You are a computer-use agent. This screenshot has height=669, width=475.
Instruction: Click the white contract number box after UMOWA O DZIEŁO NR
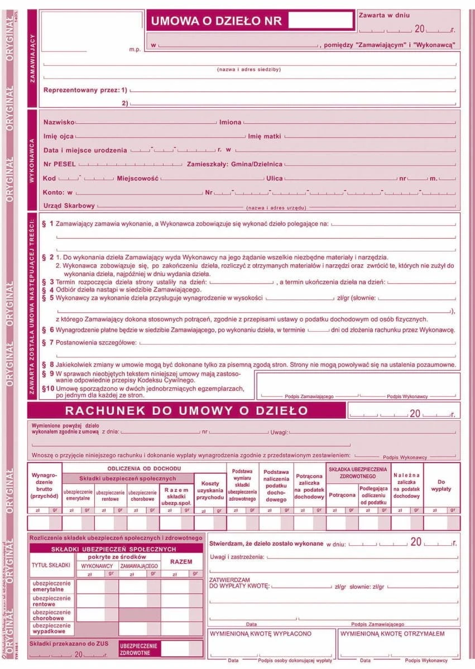[322, 21]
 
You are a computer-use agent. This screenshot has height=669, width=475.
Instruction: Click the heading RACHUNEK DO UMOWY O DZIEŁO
[186, 411]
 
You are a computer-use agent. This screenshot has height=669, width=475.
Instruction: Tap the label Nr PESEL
[60, 164]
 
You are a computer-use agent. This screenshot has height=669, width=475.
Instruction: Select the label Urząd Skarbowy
[69, 206]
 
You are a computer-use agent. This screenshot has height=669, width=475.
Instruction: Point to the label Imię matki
[265, 136]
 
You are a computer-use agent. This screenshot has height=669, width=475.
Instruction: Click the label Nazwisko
[59, 122]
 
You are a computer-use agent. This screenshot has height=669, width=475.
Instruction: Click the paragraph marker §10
[49, 387]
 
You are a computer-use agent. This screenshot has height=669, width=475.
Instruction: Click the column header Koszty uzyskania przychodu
[210, 490]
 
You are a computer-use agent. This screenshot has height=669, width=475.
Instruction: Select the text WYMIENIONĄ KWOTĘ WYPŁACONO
[261, 634]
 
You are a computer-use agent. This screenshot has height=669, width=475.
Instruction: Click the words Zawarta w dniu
[385, 16]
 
